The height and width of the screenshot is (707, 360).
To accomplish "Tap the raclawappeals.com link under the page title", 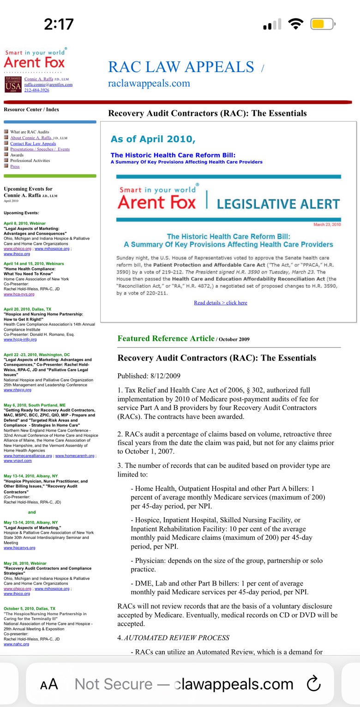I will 149,84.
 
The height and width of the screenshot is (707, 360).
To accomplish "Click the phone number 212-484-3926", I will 36,90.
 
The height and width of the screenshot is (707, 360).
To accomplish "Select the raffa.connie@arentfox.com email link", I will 48,85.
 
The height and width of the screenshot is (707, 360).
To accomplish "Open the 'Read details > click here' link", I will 220,303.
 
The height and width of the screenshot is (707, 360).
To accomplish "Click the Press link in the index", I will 15,166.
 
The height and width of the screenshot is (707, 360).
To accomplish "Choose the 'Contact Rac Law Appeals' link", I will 33,144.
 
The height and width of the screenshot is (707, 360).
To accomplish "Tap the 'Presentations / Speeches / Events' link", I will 40,149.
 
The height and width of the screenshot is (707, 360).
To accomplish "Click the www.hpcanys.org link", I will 19,548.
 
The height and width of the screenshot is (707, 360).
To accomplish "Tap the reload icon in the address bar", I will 313,684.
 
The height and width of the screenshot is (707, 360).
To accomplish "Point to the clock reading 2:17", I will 59,24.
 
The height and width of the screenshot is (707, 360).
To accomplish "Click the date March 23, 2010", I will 327,224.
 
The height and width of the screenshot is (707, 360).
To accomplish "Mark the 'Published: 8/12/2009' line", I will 149,376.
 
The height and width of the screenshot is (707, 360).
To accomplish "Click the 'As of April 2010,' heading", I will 153,139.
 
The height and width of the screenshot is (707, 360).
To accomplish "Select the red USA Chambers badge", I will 12,85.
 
